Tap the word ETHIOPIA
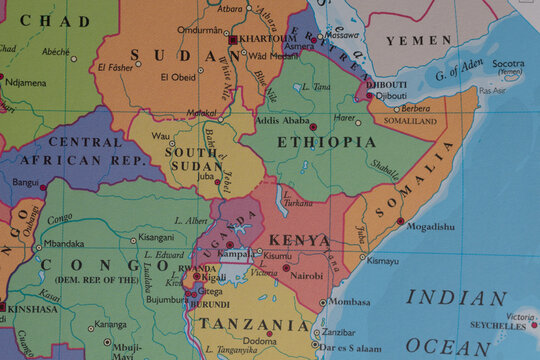[318, 143]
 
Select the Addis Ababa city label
[283, 121]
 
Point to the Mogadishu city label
[430, 227]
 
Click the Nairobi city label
[307, 274]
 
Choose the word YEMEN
[418, 40]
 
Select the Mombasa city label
[349, 301]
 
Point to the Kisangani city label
[155, 238]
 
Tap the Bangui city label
[25, 183]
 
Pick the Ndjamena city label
[25, 82]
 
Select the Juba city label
[207, 176]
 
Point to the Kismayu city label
[382, 260]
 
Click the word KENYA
[299, 240]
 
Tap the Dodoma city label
[260, 342]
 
